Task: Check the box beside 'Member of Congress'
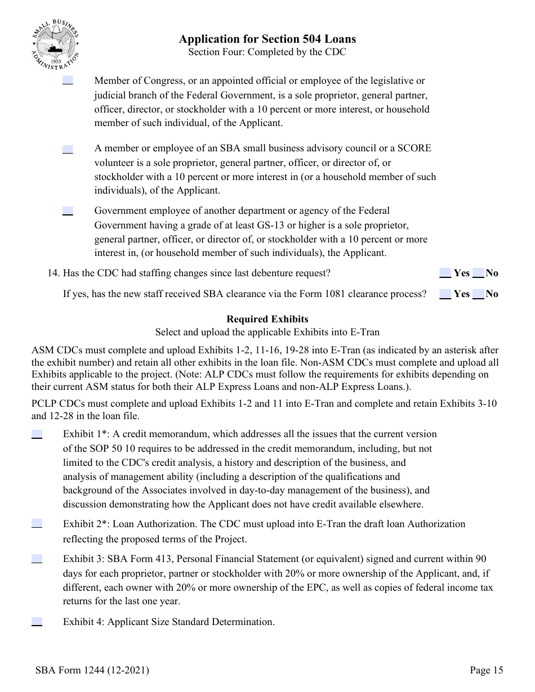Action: click(68, 80)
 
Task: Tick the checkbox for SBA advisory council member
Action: click(68, 149)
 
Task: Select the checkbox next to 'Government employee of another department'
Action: click(68, 211)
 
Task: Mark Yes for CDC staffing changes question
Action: click(445, 273)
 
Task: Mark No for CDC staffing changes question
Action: click(478, 273)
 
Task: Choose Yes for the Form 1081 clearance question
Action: click(445, 294)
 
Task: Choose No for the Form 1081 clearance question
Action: click(478, 294)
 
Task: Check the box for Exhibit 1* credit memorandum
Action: click(37, 434)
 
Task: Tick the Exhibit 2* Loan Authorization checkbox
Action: click(37, 524)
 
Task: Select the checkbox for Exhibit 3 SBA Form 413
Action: click(37, 559)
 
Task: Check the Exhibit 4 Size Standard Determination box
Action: click(37, 622)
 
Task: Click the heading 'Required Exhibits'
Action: click(267, 319)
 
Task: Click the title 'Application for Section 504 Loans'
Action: click(267, 39)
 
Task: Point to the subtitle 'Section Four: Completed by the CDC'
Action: click(267, 52)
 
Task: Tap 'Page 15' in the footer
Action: click(487, 670)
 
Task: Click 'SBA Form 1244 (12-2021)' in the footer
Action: click(92, 670)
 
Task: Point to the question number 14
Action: click(53, 273)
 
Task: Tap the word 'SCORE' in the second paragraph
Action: click(414, 149)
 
